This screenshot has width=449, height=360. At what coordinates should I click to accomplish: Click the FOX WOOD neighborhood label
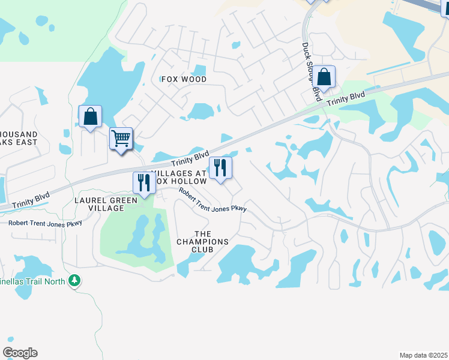coord(184,79)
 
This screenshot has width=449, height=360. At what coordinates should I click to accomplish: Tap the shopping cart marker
coord(121,139)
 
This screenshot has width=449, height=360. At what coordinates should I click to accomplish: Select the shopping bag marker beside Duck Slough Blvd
coord(324,77)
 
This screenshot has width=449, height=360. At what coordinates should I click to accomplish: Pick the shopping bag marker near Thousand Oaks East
coord(90,116)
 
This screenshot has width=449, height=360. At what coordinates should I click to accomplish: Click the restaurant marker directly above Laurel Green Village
coord(143,183)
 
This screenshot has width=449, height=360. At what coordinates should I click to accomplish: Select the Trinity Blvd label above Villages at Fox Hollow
coord(189,159)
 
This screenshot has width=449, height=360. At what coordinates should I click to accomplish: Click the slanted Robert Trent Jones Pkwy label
coord(212,200)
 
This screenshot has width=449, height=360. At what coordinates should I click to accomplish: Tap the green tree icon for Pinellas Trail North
coord(74,280)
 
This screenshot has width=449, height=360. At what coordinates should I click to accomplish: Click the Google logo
coord(20,352)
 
